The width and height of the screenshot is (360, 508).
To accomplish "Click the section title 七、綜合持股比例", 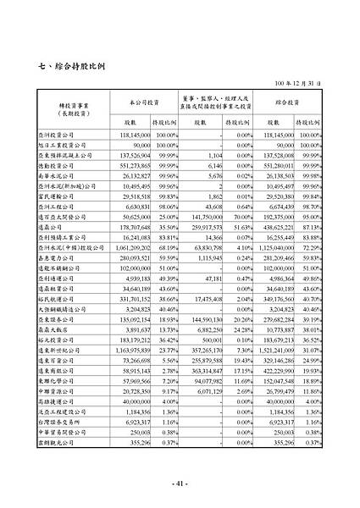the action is (83, 66).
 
